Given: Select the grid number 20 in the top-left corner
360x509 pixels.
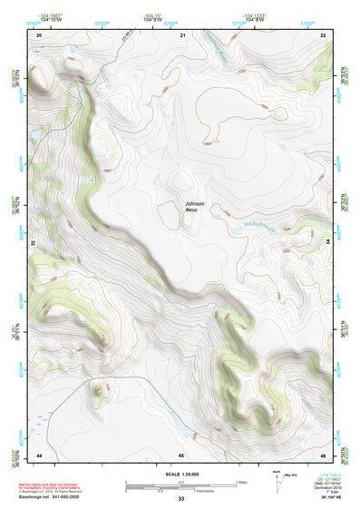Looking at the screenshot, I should coord(39,34).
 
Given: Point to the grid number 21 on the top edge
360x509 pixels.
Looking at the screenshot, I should coord(182,34).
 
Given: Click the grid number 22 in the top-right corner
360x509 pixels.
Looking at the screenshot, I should coord(323,34).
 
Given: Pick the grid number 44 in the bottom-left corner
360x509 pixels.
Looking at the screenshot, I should coord(39,454).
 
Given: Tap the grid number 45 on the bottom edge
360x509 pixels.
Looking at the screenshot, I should coord(181,454).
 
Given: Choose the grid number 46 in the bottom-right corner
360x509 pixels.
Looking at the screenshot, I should coord(323,454).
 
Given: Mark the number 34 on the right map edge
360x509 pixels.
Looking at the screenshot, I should coord(327,243).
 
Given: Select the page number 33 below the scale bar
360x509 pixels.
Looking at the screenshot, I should coord(181,499).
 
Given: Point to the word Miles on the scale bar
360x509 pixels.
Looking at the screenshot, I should coord(243,481).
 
